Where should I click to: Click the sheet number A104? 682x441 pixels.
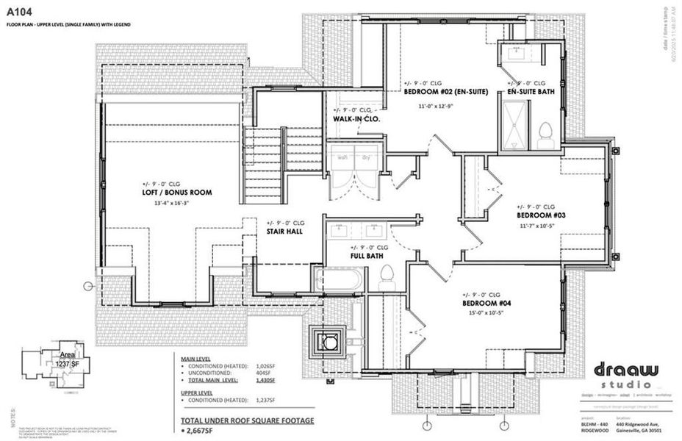click(x=21, y=12)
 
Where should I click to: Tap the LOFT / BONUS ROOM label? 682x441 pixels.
click(x=177, y=193)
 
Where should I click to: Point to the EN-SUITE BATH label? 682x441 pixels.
click(x=536, y=93)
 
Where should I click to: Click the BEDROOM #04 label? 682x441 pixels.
click(x=486, y=303)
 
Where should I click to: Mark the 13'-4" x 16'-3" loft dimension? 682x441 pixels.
click(x=176, y=202)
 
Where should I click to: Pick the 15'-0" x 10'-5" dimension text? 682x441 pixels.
click(x=486, y=312)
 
